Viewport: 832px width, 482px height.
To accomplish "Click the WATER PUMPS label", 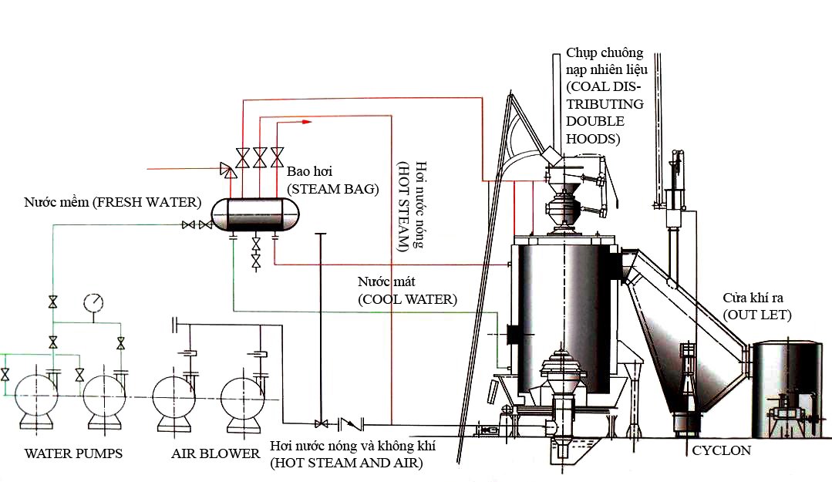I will tap(74, 453).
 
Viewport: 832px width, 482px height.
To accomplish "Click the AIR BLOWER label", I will tap(215, 453).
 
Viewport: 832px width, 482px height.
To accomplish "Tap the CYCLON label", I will tap(721, 450).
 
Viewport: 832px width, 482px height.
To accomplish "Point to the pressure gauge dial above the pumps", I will tap(94, 302).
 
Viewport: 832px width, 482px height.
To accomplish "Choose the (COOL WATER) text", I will tap(407, 298).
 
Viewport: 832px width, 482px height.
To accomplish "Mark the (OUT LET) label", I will tap(756, 315).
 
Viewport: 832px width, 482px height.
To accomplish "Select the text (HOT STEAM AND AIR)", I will tap(346, 463).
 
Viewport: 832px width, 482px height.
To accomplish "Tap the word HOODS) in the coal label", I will tap(592, 140).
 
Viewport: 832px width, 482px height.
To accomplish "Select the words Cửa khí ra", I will tap(754, 298).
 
